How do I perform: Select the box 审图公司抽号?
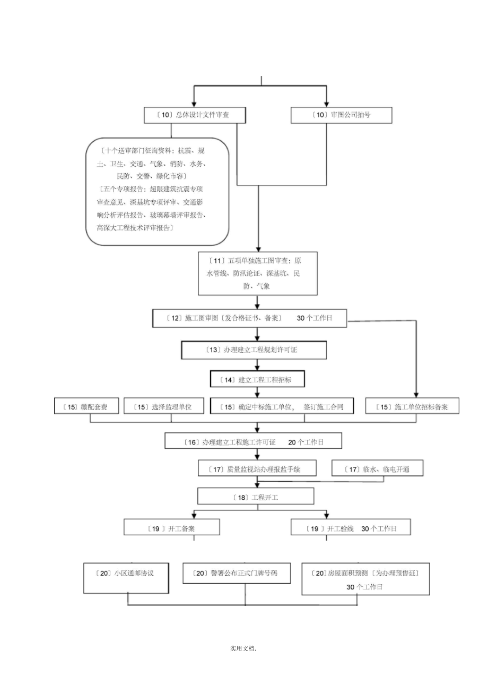point(342,115)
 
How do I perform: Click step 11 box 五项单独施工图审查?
point(258,274)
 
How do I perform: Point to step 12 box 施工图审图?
point(249,318)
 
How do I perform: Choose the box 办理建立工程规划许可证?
point(254,350)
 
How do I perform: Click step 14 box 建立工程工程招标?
point(258,380)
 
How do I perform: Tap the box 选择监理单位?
point(164,407)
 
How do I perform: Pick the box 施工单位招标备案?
point(412,407)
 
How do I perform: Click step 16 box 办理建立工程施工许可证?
point(254,441)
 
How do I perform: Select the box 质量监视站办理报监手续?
point(257,469)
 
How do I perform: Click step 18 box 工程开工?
point(256,497)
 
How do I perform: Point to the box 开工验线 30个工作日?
point(351,528)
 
